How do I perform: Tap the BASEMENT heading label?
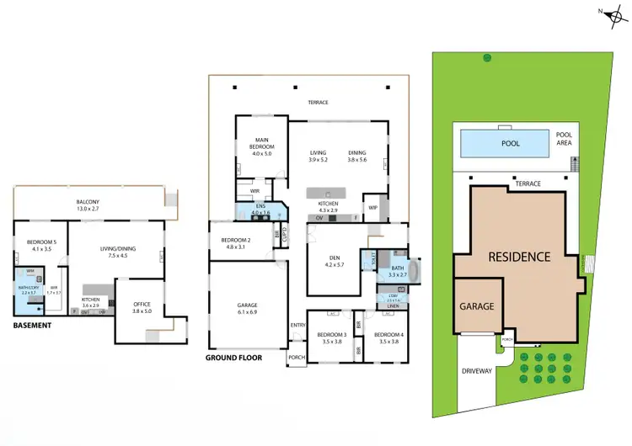click(34, 326)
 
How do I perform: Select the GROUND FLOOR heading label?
click(233, 358)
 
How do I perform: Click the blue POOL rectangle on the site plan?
click(510, 143)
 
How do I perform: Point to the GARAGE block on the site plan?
click(477, 307)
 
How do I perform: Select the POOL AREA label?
click(563, 139)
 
